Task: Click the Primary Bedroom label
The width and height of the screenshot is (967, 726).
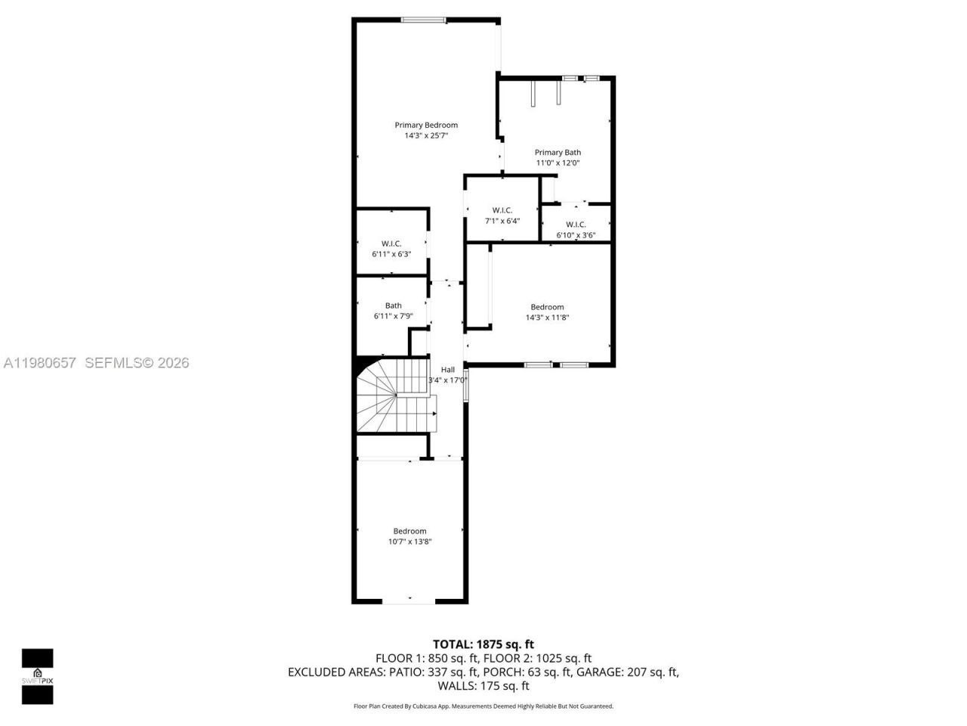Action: click(426, 125)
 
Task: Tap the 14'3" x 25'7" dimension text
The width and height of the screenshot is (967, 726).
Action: click(426, 136)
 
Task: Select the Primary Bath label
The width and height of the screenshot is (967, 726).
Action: click(558, 152)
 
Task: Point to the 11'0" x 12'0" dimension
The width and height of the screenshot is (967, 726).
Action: click(558, 163)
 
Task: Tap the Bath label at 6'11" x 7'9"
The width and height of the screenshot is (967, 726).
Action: click(394, 306)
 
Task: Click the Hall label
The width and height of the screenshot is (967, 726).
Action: click(448, 369)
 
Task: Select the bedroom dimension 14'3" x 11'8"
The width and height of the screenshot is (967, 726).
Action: click(547, 318)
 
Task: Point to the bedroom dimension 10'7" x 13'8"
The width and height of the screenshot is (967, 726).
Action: click(409, 541)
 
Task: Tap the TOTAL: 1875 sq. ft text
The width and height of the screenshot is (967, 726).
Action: click(483, 644)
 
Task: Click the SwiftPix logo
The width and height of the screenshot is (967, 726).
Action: click(37, 676)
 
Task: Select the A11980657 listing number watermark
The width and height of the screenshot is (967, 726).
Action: click(40, 363)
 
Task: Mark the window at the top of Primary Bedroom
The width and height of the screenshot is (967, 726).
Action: click(423, 20)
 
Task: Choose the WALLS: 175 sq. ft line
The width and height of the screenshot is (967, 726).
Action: click(483, 686)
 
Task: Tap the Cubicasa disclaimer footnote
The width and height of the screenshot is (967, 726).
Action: click(483, 706)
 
